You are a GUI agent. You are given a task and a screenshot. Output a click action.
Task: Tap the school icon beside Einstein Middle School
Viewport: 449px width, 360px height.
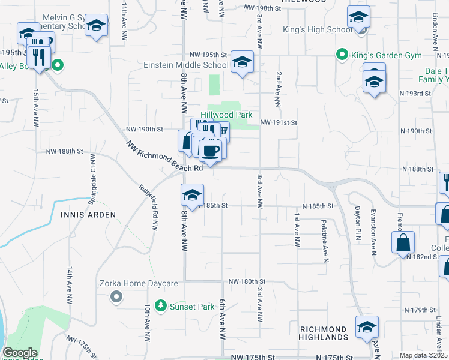tap(242, 62)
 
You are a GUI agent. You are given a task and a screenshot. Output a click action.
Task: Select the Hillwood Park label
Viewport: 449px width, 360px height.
tap(226, 115)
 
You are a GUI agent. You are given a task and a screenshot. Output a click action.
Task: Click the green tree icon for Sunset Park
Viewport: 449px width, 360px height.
tap(160, 307)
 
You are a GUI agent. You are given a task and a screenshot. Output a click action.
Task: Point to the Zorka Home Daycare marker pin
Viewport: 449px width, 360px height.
tap(117, 296)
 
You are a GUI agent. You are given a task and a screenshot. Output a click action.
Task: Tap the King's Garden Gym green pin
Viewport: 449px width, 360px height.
tap(342, 55)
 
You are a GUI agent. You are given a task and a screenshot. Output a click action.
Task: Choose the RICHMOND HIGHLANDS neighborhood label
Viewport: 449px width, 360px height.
tap(323, 334)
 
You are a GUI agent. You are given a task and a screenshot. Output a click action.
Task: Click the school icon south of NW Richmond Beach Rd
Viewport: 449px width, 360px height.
tap(192, 195)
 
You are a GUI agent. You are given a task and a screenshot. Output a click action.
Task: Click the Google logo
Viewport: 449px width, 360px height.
tap(20, 353)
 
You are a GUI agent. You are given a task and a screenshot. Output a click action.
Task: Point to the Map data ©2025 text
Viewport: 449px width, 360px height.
tap(424, 355)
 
